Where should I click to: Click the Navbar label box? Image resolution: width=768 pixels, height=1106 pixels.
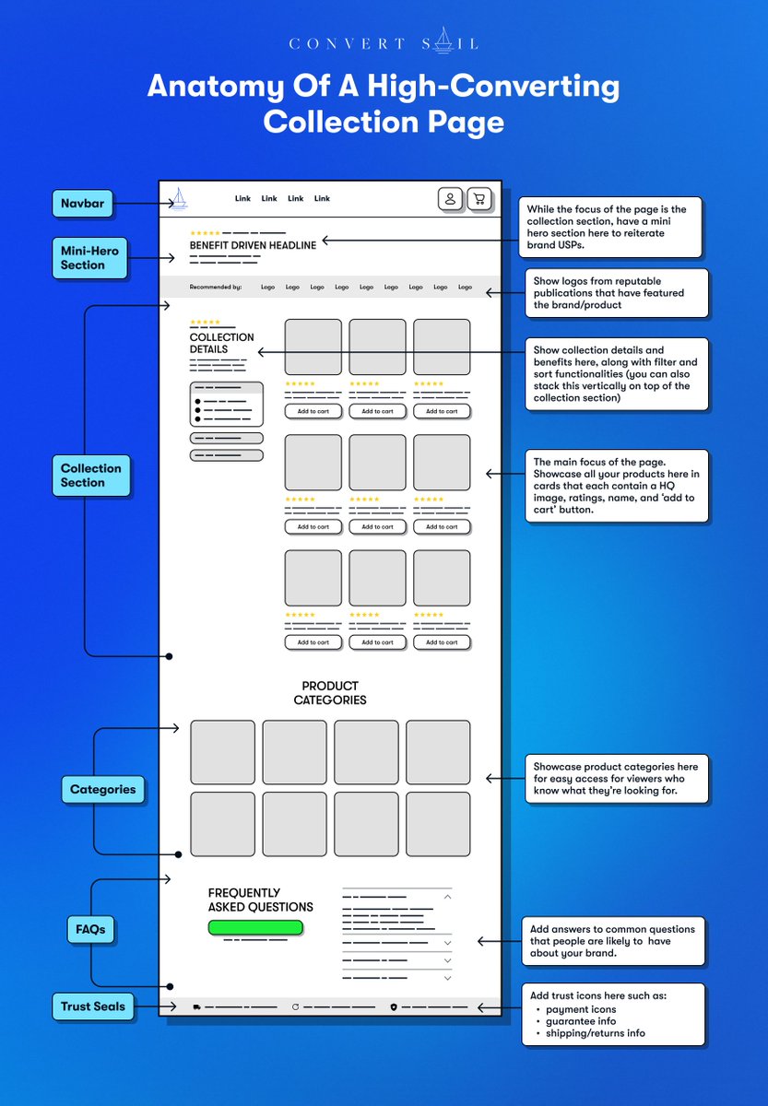point(82,204)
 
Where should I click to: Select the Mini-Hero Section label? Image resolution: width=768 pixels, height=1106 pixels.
point(90,257)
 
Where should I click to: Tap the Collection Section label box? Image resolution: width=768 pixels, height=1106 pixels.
point(90,476)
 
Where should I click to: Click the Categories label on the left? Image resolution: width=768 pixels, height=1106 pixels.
point(102,789)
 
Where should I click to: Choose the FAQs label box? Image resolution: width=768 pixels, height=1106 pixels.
point(90,929)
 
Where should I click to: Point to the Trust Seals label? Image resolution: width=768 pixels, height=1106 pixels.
point(92,1006)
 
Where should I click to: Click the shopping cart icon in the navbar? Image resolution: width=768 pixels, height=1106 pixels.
point(478,198)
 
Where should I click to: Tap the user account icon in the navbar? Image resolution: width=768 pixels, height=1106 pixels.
point(450,198)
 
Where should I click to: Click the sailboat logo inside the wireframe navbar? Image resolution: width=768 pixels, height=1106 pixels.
point(178,198)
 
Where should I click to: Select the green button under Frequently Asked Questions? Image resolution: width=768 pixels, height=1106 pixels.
point(255,927)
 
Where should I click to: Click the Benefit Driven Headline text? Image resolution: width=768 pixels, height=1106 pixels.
point(253,245)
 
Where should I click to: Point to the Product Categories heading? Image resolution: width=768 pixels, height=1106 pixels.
point(330,693)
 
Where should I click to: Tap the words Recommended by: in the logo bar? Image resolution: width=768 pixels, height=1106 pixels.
point(216,287)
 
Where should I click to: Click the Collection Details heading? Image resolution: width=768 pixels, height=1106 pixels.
point(222,343)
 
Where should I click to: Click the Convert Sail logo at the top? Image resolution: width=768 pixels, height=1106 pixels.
point(384,41)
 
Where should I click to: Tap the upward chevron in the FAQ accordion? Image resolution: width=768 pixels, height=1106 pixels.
point(447,896)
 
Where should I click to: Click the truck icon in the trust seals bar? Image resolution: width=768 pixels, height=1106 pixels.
point(196,1007)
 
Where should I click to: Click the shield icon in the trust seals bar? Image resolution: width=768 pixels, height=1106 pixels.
point(394,1007)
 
